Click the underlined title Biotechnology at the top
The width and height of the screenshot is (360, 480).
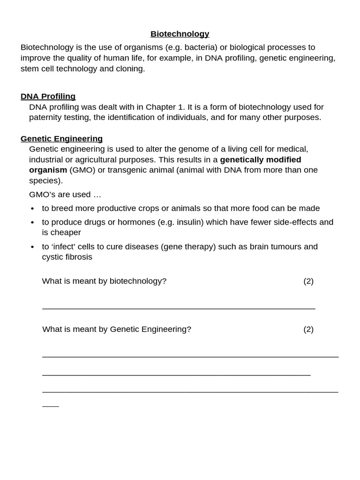pyautogui.click(x=180, y=34)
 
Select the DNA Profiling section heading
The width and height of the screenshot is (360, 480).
pyautogui.click(x=48, y=96)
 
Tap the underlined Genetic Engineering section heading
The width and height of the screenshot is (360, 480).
pyautogui.click(x=61, y=138)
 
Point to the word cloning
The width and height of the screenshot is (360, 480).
pyautogui.click(x=130, y=68)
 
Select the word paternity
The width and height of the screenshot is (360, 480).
pyautogui.click(x=48, y=117)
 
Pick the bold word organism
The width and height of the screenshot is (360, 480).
pyautogui.click(x=48, y=170)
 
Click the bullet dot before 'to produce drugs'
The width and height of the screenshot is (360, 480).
pyautogui.click(x=32, y=223)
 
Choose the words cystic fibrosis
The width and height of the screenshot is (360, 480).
pyautogui.click(x=67, y=257)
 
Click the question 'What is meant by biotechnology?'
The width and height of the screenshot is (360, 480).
pyautogui.click(x=104, y=281)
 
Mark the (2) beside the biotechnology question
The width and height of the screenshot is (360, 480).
pyautogui.click(x=308, y=281)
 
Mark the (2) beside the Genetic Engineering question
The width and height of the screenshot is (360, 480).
pyautogui.click(x=308, y=329)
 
